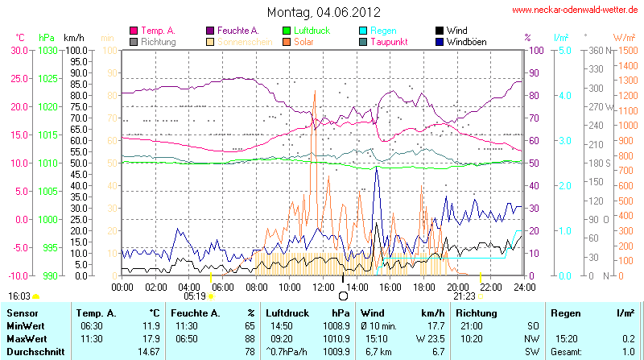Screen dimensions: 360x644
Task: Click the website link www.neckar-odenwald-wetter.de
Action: [x=576, y=10]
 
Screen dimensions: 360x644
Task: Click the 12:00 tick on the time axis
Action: [x=324, y=286]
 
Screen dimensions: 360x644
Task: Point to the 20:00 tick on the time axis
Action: [x=458, y=286]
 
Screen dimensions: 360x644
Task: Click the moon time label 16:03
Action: [x=19, y=296]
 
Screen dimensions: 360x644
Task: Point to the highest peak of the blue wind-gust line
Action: [x=377, y=168]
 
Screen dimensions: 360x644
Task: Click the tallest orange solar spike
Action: [x=315, y=91]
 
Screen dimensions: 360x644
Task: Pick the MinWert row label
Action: [x=26, y=325]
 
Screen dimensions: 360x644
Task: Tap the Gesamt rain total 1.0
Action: [x=628, y=352]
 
